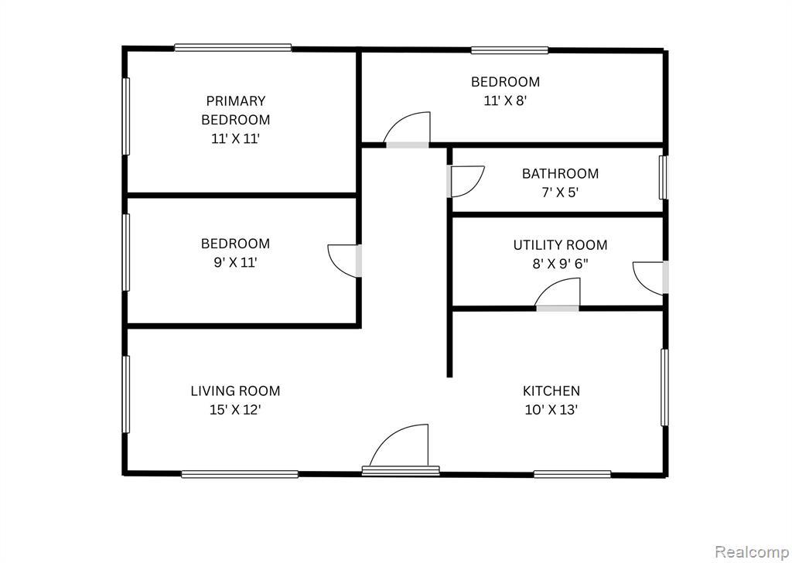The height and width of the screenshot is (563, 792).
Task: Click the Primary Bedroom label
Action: [x=235, y=110]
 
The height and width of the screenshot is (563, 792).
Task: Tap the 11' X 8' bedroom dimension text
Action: [x=506, y=101]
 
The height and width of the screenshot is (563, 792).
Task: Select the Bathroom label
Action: [x=560, y=173]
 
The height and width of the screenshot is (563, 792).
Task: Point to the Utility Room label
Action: [x=560, y=245]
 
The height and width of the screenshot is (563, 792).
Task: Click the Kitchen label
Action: [x=551, y=391]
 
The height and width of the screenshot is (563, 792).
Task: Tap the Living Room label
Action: [x=235, y=391]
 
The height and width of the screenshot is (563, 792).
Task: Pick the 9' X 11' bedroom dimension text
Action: [x=235, y=263]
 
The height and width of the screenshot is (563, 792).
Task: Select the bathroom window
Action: [x=663, y=177]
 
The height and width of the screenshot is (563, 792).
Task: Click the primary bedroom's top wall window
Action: [x=233, y=47]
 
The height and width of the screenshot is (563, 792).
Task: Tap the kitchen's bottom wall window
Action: [x=572, y=473]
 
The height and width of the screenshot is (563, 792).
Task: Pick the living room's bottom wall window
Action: [x=240, y=474]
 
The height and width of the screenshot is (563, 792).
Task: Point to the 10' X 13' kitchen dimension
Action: [x=551, y=410]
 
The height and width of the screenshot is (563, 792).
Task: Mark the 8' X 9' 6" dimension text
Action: [x=560, y=264]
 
